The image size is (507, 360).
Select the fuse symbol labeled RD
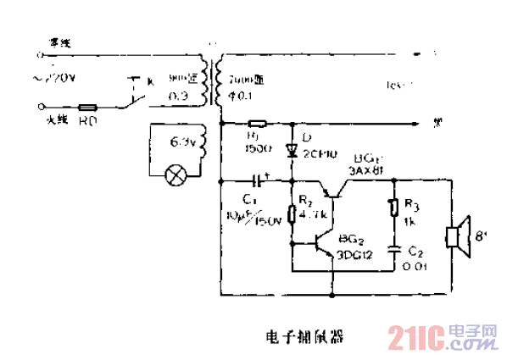tap(87, 108)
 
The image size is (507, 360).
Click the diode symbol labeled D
tap(292, 151)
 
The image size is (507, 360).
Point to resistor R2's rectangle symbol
tap(292, 212)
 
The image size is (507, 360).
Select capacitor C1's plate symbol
tap(258, 181)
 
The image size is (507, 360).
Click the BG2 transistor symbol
tap(320, 243)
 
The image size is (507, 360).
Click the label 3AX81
tap(365, 169)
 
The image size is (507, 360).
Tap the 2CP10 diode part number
tap(320, 155)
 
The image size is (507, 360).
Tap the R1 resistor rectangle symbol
tap(255, 125)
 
